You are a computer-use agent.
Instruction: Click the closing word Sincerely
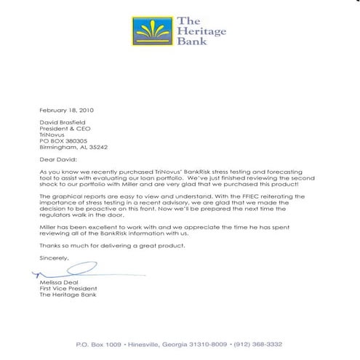tap(54, 259)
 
